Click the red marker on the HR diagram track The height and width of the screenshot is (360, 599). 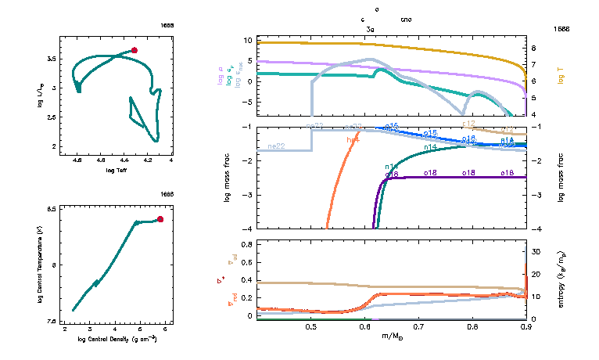(135, 50)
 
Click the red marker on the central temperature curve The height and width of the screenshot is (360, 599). (160, 219)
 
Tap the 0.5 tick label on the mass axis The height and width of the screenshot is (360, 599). (312, 326)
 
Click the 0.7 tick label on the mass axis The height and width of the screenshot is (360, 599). (418, 326)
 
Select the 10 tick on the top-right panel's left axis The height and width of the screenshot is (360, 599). (246, 40)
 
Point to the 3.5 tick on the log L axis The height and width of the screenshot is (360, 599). (49, 59)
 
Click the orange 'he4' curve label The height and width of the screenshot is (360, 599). (353, 139)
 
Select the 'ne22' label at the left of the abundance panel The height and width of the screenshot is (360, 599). (275, 146)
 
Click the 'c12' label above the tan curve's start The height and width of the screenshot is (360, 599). (469, 124)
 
